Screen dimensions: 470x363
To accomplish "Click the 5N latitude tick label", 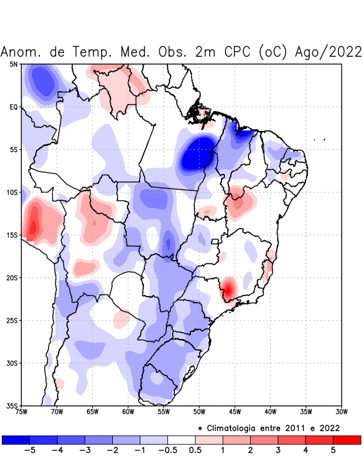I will [14, 64].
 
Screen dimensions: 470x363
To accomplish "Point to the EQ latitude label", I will [13, 107].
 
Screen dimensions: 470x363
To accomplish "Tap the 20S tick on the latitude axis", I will [12, 278].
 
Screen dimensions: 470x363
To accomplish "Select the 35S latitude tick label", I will [12, 406].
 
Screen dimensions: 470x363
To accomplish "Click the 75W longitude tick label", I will [22, 412].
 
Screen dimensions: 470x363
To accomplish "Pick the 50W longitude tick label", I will [199, 412].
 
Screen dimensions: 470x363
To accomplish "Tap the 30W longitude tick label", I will [342, 412].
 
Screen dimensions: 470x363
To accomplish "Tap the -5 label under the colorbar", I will [29, 451].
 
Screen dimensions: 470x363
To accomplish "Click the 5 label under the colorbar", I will [333, 451].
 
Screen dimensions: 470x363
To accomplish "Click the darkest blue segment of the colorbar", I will [16, 439].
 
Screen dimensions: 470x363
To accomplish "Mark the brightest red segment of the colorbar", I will [347, 439].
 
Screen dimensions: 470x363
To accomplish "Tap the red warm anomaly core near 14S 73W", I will [33, 226].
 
